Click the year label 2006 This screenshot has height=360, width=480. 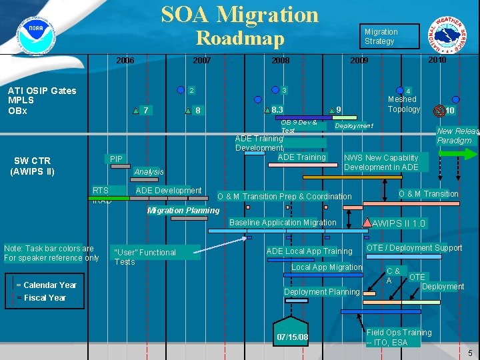pyautogui.click(x=125, y=61)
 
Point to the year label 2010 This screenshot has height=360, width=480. pyautogui.click(x=437, y=60)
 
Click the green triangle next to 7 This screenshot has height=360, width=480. pyautogui.click(x=135, y=111)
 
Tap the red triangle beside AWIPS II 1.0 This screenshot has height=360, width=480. pyautogui.click(x=367, y=221)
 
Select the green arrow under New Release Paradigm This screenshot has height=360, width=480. pyautogui.click(x=458, y=153)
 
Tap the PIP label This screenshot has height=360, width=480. pyautogui.click(x=116, y=159)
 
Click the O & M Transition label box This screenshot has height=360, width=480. pyautogui.click(x=428, y=194)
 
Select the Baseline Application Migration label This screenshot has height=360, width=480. pyautogui.click(x=283, y=222)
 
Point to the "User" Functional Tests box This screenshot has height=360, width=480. pyautogui.click(x=145, y=257)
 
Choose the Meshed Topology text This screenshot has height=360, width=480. pyautogui.click(x=404, y=104)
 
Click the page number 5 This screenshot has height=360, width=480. pyautogui.click(x=470, y=352)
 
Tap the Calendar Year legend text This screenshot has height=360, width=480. pyautogui.click(x=46, y=285)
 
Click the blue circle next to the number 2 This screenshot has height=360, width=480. pyautogui.click(x=179, y=89)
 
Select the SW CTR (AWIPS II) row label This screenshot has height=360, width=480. pyautogui.click(x=32, y=165)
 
